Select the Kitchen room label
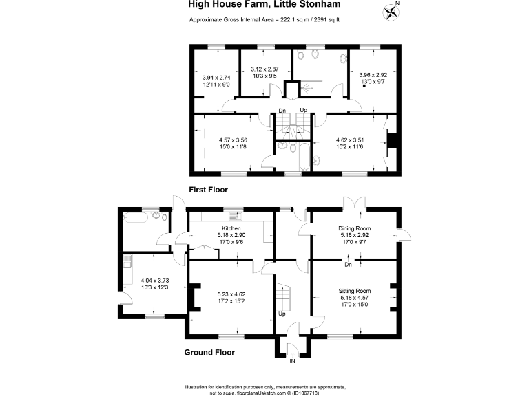(x=231, y=228)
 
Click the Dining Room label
(x=354, y=228)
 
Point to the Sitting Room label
(x=354, y=291)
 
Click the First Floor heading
(x=208, y=189)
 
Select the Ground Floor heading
(x=209, y=353)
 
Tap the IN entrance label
(x=292, y=361)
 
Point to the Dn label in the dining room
(x=349, y=264)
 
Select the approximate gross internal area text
(x=264, y=19)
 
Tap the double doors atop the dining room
(x=354, y=204)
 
